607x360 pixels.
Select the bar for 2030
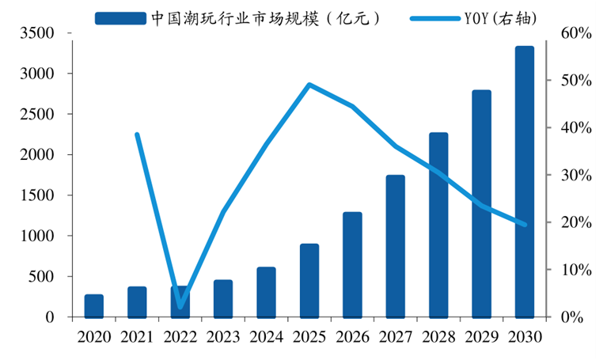(525, 182)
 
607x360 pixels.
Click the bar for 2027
(395, 247)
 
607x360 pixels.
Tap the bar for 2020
(94, 306)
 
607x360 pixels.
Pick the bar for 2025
(309, 281)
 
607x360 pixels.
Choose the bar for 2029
(482, 204)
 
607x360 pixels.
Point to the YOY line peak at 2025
(309, 85)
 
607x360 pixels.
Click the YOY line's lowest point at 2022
(180, 307)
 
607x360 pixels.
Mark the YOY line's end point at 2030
(525, 225)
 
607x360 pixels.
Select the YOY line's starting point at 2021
(137, 135)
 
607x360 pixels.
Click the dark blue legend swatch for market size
(121, 18)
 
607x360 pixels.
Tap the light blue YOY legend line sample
(435, 18)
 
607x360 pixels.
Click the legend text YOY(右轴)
(501, 18)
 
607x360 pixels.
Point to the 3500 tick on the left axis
(70, 33)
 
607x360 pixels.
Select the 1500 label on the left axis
(37, 195)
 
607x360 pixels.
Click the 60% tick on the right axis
(549, 33)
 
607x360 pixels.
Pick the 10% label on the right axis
(576, 270)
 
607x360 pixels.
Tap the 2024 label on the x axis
(267, 337)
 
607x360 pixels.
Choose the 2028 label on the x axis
(438, 337)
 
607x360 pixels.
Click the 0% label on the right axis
(572, 317)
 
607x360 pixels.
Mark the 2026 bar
(352, 265)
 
